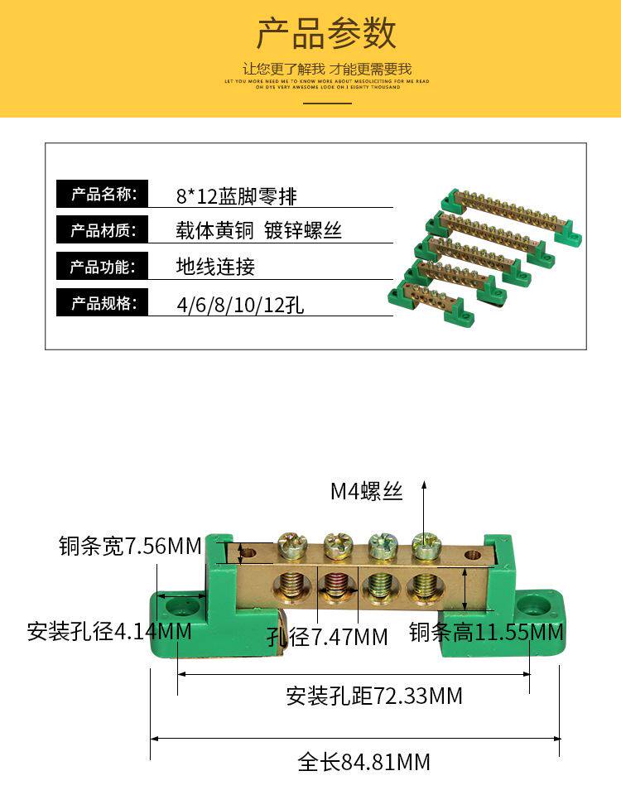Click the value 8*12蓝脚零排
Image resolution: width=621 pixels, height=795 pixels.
tap(236, 196)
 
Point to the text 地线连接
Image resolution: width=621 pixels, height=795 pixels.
tap(215, 267)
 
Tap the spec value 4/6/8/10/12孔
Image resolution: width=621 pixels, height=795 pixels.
tap(240, 304)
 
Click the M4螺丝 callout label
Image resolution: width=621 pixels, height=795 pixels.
tap(367, 491)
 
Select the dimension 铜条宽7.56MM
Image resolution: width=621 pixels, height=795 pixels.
tap(130, 547)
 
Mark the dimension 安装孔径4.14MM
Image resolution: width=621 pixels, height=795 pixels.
tap(109, 632)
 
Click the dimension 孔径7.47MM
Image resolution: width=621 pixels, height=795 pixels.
tap(327, 637)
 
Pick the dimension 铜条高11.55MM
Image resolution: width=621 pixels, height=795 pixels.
tap(486, 633)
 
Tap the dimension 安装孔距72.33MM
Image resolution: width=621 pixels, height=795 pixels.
tap(374, 696)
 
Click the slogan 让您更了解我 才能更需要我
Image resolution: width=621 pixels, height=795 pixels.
tap(327, 69)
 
